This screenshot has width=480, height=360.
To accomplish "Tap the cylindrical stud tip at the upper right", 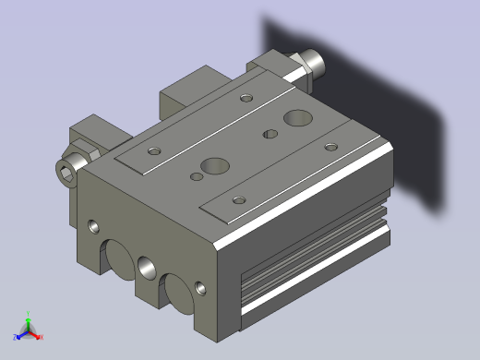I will (317, 64).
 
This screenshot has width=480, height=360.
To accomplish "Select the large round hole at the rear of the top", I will (298, 117).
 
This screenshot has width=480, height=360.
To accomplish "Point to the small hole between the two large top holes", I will (270, 135).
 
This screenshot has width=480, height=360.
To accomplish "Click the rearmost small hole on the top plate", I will (246, 97).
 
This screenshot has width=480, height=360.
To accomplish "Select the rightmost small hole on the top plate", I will (330, 146).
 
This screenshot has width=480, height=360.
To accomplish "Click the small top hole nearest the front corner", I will (239, 199).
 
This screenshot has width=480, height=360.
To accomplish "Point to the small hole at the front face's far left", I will (93, 224).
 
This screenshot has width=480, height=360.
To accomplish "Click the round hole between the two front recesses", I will (146, 268).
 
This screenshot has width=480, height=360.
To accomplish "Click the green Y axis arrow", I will (28, 316).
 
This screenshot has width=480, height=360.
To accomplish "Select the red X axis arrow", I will (39, 336).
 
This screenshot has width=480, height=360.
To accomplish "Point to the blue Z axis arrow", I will (18, 335).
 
